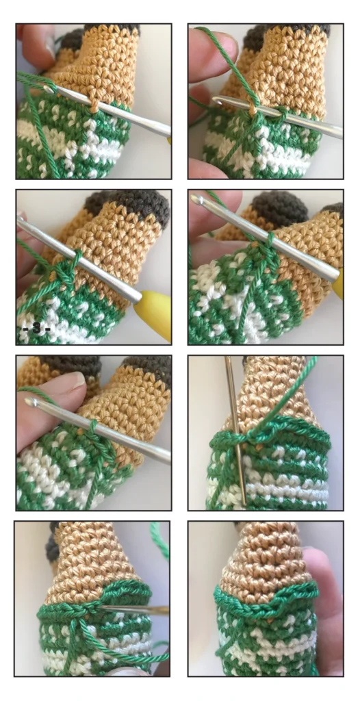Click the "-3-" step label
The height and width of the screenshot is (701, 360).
36,329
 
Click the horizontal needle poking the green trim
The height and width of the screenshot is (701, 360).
134,609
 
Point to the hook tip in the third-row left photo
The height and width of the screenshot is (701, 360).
31,401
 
